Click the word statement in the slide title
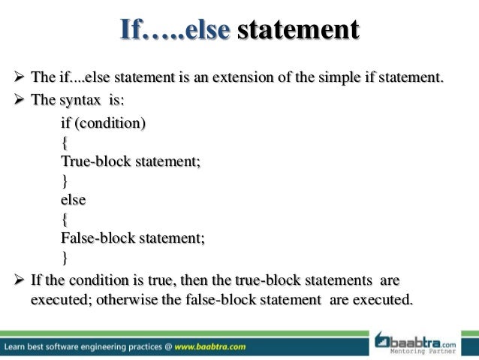tap(297, 31)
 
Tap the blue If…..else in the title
tap(173, 31)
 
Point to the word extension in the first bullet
tap(279, 77)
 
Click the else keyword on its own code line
tap(73, 200)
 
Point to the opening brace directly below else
tap(64, 219)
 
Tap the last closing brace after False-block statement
tap(64, 259)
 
